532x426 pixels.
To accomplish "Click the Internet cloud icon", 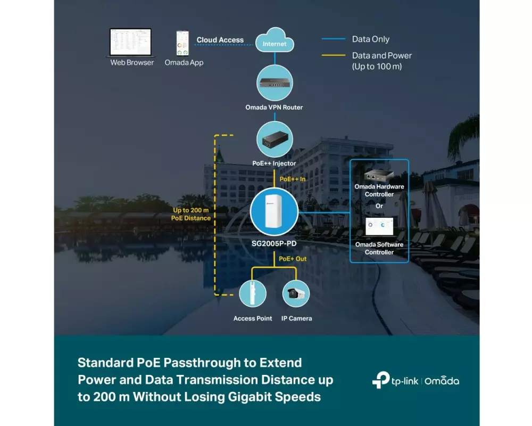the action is tap(275, 41).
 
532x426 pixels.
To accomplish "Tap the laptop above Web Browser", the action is tap(131, 43).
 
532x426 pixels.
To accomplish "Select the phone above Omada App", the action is tap(182, 43).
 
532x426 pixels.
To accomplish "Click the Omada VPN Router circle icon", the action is tap(275, 83).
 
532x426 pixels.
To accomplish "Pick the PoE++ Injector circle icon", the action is tap(275, 140).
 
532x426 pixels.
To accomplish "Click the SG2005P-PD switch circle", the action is tap(274, 211).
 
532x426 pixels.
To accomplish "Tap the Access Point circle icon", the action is tap(253, 293).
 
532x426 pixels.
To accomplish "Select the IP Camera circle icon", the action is tap(296, 293).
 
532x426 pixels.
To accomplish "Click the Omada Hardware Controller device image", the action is tap(379, 175).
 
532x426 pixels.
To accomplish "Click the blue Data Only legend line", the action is tap(334, 39).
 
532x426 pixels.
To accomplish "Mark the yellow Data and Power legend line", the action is tap(334, 55).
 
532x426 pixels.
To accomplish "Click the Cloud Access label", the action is tap(220, 40).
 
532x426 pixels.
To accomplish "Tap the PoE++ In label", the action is tap(293, 179).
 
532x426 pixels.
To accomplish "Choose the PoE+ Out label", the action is tap(293, 259).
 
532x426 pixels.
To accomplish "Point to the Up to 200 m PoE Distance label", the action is tap(190, 214).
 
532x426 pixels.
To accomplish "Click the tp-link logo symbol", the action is tap(381, 380).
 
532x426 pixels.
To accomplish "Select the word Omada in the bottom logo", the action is tap(442, 381).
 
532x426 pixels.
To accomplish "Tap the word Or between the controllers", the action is tap(379, 206).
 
